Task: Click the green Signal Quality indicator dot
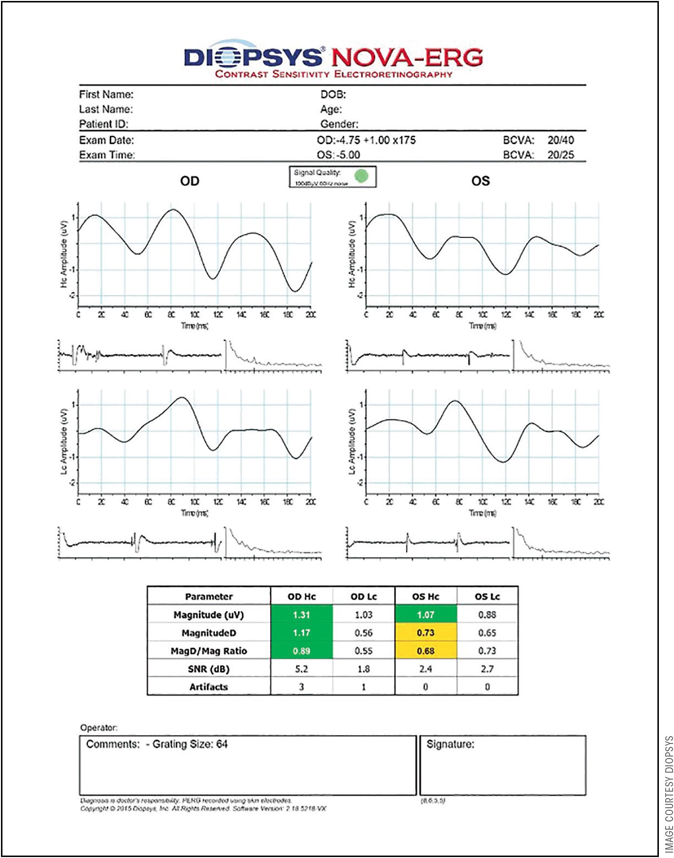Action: coord(361,175)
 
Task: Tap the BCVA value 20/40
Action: coord(560,140)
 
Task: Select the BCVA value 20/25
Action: coord(560,155)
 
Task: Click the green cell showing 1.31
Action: coord(301,615)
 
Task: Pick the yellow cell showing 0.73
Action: coord(425,633)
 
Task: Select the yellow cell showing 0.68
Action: coord(425,651)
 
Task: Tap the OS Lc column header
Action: coord(487,597)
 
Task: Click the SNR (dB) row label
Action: coord(209,669)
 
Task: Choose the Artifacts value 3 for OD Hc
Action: coord(301,687)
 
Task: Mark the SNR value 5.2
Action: coord(301,669)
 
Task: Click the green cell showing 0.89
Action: coord(301,651)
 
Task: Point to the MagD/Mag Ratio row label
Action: coord(209,651)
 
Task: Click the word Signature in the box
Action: coord(450,744)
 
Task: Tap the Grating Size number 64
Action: coord(222,744)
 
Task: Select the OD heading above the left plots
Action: coord(190,181)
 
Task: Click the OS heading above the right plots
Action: coord(480,181)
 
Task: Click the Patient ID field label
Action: coord(104,124)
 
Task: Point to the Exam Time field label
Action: coord(107,155)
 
